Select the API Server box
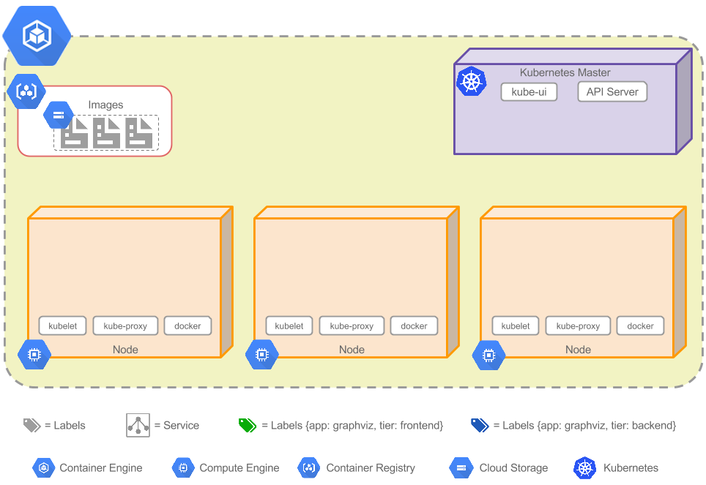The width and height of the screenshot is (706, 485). [612, 92]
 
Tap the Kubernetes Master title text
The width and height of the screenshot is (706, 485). [565, 72]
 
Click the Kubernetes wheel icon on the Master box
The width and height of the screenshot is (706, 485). [471, 80]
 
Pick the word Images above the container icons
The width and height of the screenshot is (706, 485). [105, 105]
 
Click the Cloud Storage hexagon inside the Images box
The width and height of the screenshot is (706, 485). [59, 115]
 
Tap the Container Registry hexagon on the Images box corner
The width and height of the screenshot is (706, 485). [26, 92]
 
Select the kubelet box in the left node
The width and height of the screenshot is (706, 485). [63, 326]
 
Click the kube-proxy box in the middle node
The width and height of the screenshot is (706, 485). [352, 326]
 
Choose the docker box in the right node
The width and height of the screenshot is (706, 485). [640, 326]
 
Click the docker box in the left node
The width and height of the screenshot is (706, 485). [187, 326]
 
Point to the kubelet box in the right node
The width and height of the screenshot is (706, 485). [516, 326]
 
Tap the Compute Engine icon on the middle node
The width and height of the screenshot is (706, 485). [261, 355]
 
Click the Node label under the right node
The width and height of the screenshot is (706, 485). [578, 350]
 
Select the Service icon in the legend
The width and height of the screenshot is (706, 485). [138, 425]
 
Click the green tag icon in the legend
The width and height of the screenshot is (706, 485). [248, 425]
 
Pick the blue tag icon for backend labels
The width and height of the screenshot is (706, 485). [480, 425]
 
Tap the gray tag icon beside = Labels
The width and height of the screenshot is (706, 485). [31, 425]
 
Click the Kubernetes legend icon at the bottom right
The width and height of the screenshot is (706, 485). [584, 467]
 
